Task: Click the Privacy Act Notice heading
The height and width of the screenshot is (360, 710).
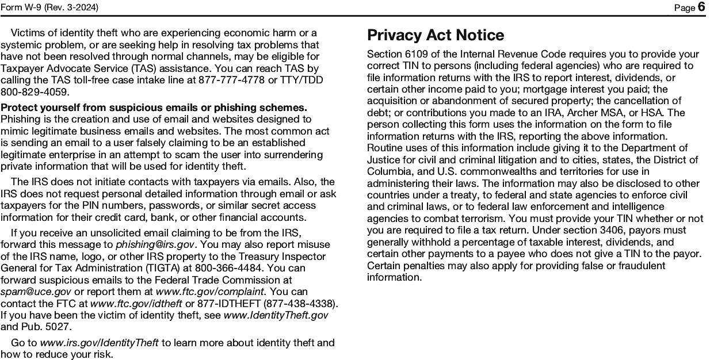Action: [x=436, y=35]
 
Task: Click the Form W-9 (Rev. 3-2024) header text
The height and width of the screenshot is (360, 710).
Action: [x=49, y=7]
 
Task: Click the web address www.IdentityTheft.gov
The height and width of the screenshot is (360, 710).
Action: [x=276, y=315]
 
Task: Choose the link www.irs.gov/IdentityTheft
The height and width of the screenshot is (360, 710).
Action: [x=99, y=343]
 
